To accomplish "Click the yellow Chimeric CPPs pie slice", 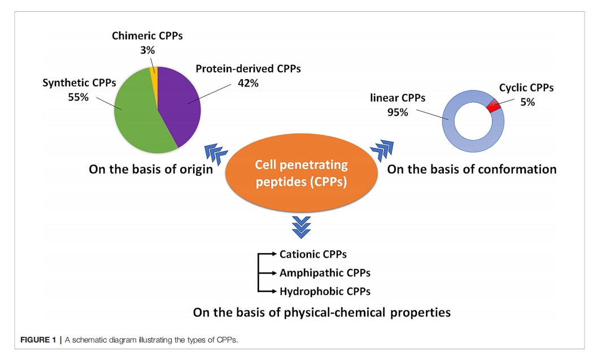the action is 154,71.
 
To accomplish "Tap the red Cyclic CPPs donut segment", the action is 494,105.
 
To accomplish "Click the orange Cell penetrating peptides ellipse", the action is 302,173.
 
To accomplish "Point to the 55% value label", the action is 79,97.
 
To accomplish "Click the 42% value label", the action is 248,83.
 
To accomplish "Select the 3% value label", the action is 147,50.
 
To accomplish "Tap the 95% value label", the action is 398,112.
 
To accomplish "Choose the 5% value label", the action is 527,102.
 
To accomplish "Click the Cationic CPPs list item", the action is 313,254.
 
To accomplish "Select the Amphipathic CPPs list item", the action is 325,273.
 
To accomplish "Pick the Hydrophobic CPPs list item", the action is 325,292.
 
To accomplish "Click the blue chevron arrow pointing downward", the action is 302,227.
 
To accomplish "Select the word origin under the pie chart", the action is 194,170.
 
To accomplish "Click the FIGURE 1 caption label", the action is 38,340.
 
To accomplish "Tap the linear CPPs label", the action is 398,98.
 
